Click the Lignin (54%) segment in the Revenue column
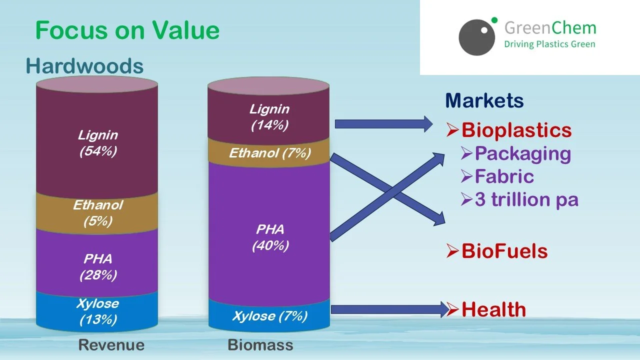click(x=97, y=142)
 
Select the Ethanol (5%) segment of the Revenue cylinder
click(x=97, y=213)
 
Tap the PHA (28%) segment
click(x=97, y=267)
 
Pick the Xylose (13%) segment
click(x=97, y=311)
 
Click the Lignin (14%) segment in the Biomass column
click(x=269, y=117)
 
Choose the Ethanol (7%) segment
click(x=269, y=153)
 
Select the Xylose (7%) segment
click(x=269, y=316)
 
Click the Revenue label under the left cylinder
click(x=111, y=345)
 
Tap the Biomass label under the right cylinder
click(x=260, y=345)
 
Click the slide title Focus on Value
click(x=127, y=30)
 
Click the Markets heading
click(x=484, y=101)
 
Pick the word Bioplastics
click(x=516, y=130)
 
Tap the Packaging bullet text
click(x=522, y=153)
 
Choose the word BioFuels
click(x=504, y=251)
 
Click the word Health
click(x=493, y=309)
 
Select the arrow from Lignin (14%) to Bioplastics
click(x=382, y=123)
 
